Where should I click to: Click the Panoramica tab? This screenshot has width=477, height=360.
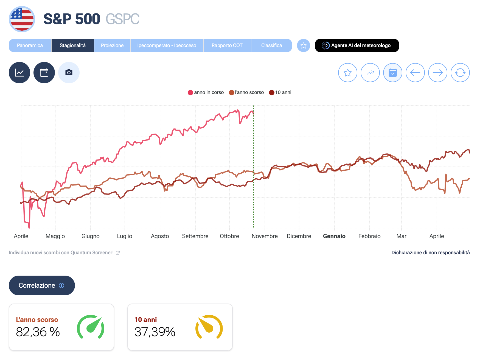coord(30,45)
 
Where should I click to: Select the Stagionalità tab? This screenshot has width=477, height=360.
coord(73,45)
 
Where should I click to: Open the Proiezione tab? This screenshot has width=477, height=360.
coord(112,45)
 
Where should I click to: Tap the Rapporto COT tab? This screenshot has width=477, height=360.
coord(227,45)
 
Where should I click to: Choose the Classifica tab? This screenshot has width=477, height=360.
coord(271,45)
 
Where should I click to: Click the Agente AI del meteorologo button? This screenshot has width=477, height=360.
coord(357,45)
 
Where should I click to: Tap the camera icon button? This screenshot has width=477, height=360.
coord(69,73)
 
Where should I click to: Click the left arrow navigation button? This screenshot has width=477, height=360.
coord(415,73)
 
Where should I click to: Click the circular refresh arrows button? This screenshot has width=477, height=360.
coord(460,73)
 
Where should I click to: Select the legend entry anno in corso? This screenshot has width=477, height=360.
coord(206,93)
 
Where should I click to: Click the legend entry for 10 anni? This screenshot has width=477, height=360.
coord(280,93)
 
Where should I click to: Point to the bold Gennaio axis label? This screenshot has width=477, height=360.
coord(334,236)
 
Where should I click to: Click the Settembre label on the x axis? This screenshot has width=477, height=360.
coord(195,236)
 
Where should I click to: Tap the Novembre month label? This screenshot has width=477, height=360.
coord(265,236)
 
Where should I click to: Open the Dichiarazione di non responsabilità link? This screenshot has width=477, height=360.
coord(430,253)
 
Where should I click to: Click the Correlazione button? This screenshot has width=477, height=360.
coord(42,285)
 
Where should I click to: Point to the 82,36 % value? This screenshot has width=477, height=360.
coord(38,332)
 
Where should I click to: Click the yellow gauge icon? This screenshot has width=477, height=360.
coord(209,327)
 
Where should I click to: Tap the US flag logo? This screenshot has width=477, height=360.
coord(22,19)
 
